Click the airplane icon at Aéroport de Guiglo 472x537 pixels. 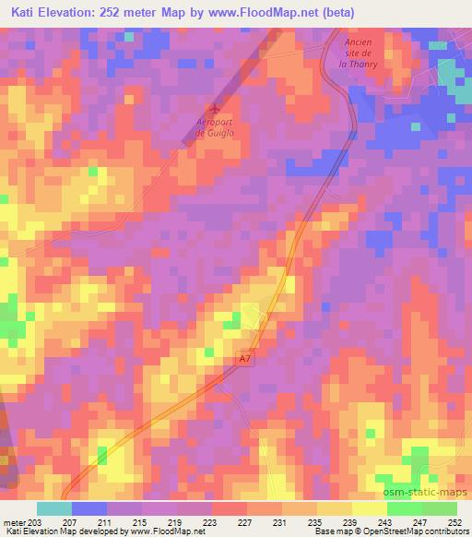click(x=217, y=109)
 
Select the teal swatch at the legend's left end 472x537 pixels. click(x=53, y=508)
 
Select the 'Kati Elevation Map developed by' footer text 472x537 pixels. click(x=55, y=532)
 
